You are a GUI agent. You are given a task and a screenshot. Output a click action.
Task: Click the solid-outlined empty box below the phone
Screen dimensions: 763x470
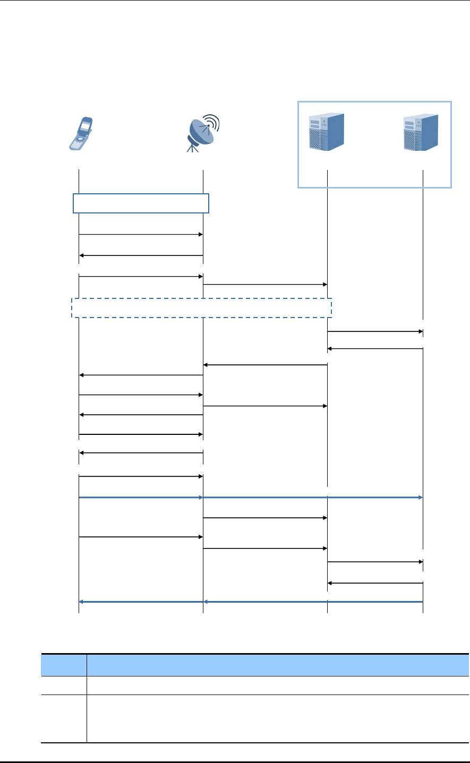(141, 203)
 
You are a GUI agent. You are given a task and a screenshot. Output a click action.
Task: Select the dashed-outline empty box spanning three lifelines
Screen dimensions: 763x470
(202, 308)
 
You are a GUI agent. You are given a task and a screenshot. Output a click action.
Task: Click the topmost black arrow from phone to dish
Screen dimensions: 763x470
(141, 234)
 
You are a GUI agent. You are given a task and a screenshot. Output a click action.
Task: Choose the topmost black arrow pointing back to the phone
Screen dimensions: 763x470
(141, 255)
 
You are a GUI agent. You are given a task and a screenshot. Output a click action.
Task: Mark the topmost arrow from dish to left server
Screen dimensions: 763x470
(265, 285)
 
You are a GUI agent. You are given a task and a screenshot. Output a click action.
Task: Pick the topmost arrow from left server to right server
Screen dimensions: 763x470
(375, 331)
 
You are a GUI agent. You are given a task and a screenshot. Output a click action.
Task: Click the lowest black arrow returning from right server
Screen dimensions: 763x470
(375, 583)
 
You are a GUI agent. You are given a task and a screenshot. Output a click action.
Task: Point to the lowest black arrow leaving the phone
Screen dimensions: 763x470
(141, 537)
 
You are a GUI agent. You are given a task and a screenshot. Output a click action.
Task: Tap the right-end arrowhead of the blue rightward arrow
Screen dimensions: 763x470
(420, 498)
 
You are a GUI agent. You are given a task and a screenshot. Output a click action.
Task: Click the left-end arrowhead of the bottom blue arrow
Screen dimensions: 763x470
(81, 602)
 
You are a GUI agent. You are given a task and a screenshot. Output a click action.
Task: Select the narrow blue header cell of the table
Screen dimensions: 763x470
(64, 665)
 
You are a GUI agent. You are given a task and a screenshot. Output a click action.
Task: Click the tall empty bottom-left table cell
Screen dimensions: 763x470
(64, 718)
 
